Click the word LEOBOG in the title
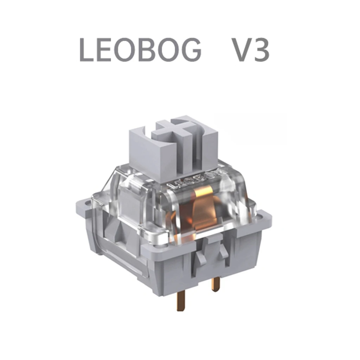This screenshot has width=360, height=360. (141, 50)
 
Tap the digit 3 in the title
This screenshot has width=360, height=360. (261, 50)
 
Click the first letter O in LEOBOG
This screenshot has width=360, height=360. (132, 50)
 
